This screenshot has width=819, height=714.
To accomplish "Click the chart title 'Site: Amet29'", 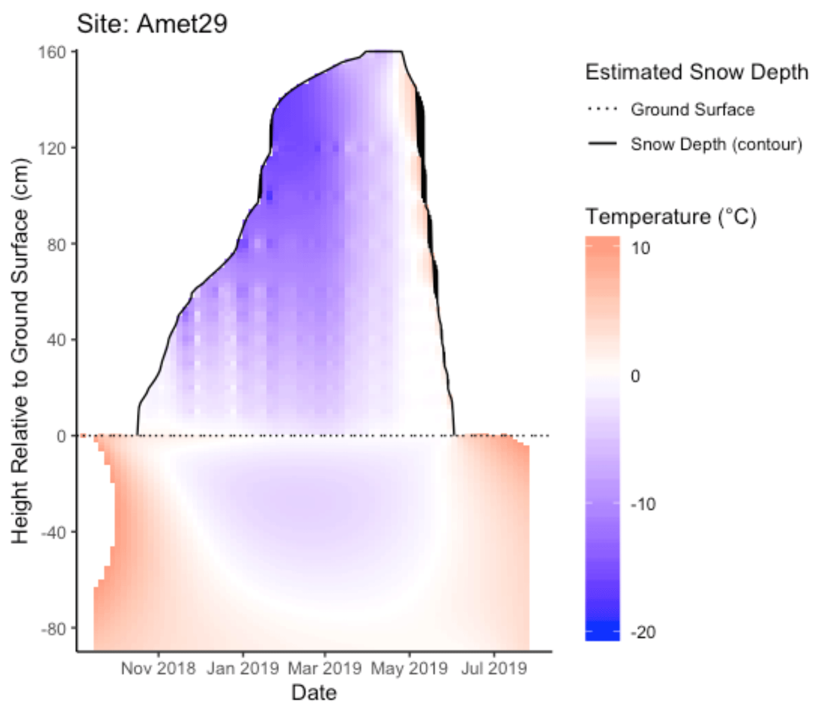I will [x=152, y=24].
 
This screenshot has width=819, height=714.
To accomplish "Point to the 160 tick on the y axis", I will [x=52, y=52].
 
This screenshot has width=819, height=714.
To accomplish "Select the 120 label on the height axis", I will [x=52, y=148].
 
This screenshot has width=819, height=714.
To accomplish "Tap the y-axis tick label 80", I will [x=56, y=245].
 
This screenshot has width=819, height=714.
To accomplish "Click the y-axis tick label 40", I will [x=56, y=340].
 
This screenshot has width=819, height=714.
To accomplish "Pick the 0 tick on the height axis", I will [x=61, y=436].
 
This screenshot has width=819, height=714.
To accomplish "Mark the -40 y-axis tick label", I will [x=53, y=532].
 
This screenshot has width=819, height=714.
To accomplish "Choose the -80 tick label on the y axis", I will [x=53, y=629].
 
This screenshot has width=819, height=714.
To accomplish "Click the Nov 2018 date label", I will [x=158, y=669].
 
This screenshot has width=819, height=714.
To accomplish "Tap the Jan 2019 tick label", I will [x=243, y=669].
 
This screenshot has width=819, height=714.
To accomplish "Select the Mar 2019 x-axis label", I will [x=324, y=669].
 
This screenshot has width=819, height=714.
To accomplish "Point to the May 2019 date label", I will [x=409, y=669].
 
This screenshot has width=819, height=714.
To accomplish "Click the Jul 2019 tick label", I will [x=494, y=669].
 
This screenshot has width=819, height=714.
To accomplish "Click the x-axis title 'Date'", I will [x=314, y=693].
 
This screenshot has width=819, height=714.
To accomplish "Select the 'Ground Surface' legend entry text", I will [x=692, y=110].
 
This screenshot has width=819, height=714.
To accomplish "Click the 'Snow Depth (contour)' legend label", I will [x=716, y=144].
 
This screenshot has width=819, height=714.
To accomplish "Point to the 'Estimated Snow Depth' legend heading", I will [x=696, y=72].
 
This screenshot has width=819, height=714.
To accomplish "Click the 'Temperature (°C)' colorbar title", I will [x=671, y=217].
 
